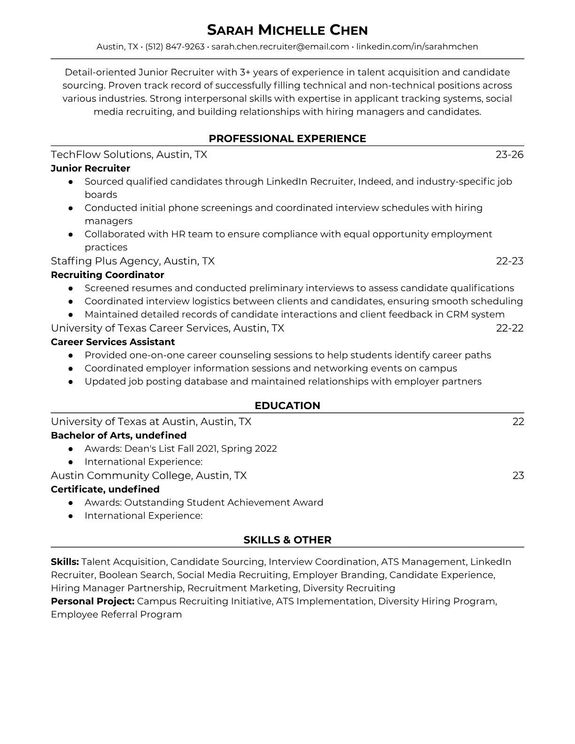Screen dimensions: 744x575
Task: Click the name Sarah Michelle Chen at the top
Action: click(x=287, y=31)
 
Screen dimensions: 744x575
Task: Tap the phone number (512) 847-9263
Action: click(x=175, y=46)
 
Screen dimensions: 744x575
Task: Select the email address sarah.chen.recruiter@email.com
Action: click(x=280, y=46)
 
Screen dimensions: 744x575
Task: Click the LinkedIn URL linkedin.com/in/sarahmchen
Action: click(x=417, y=46)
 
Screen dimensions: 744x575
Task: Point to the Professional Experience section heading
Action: click(x=287, y=139)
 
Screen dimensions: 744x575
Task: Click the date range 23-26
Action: click(x=509, y=155)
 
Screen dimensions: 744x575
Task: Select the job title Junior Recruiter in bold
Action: click(x=90, y=168)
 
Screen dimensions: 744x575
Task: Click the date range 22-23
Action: click(x=509, y=261)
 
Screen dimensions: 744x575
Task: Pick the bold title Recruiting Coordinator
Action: click(x=107, y=275)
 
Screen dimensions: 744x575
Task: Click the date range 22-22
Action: click(x=509, y=328)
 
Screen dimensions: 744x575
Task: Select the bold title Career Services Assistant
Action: click(x=113, y=342)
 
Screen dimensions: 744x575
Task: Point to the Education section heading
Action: click(x=287, y=406)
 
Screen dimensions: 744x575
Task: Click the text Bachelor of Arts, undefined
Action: click(x=118, y=435)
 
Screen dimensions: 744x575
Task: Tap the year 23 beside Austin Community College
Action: click(x=518, y=475)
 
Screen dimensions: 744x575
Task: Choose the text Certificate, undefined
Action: click(x=105, y=489)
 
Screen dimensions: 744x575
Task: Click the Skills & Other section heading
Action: click(x=287, y=540)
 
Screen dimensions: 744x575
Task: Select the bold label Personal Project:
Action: click(x=93, y=601)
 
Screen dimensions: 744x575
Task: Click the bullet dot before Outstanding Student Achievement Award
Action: click(x=71, y=503)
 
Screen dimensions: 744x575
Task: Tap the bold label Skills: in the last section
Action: click(x=65, y=562)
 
